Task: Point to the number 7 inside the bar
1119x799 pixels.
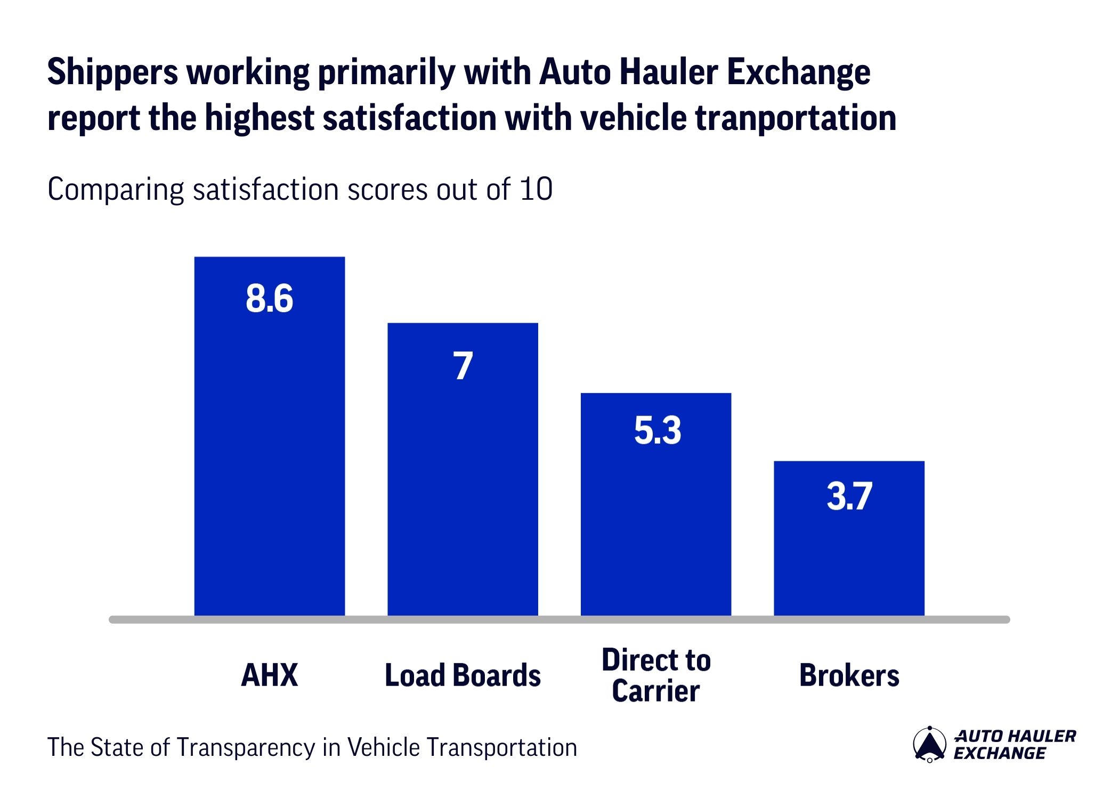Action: (463, 366)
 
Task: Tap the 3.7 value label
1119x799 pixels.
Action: (849, 496)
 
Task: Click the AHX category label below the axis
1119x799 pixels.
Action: (269, 675)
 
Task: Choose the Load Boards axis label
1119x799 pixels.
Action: (463, 675)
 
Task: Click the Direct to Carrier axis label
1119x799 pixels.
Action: (656, 675)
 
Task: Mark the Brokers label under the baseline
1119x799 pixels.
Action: (849, 675)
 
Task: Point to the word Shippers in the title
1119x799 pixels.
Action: (112, 72)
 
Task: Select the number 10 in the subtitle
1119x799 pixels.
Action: (536, 189)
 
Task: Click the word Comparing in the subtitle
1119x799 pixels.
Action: (115, 190)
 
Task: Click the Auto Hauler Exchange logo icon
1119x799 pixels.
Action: (929, 744)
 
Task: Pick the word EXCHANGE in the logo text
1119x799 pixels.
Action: (1000, 753)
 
